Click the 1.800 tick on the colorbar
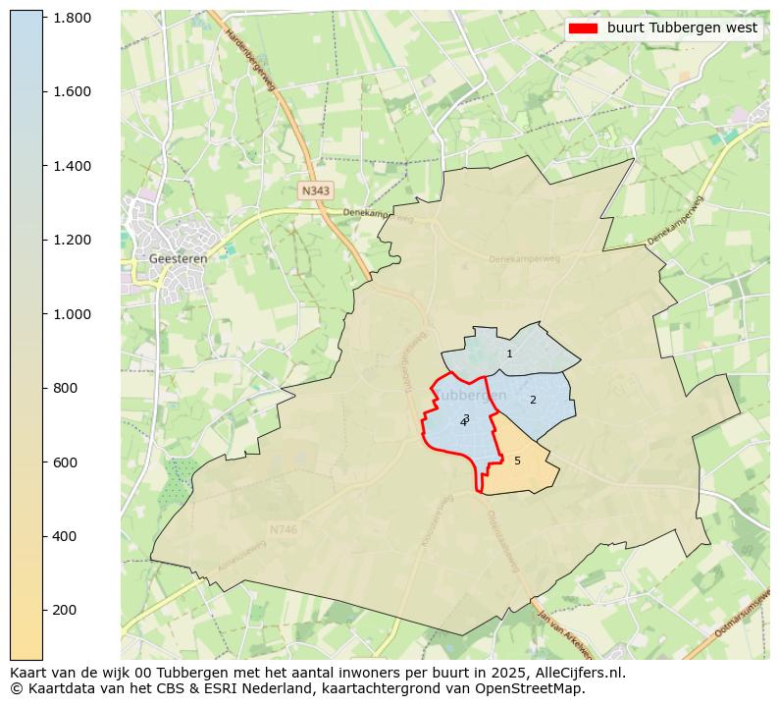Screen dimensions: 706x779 (x=72, y=18)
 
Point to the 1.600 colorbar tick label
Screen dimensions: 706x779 (x=72, y=91)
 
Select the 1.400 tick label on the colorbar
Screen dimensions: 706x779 (x=72, y=166)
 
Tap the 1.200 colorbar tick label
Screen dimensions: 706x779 (x=72, y=240)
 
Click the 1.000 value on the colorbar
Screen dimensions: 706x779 (x=72, y=314)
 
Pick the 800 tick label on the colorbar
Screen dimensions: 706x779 (x=65, y=388)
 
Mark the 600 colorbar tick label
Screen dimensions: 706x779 (x=65, y=462)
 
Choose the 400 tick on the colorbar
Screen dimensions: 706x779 (x=65, y=536)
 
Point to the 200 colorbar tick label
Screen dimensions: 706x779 (x=65, y=610)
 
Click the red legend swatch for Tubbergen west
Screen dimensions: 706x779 (x=584, y=28)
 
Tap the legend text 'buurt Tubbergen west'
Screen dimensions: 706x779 (x=682, y=28)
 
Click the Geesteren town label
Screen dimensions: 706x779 (x=178, y=258)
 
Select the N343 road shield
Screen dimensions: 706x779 (x=316, y=190)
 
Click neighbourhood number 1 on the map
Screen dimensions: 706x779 (x=509, y=353)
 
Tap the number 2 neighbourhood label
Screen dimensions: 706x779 (x=533, y=400)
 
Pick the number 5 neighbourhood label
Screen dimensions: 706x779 (x=517, y=461)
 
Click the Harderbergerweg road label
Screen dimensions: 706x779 (x=251, y=59)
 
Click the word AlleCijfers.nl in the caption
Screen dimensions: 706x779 (x=576, y=673)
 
